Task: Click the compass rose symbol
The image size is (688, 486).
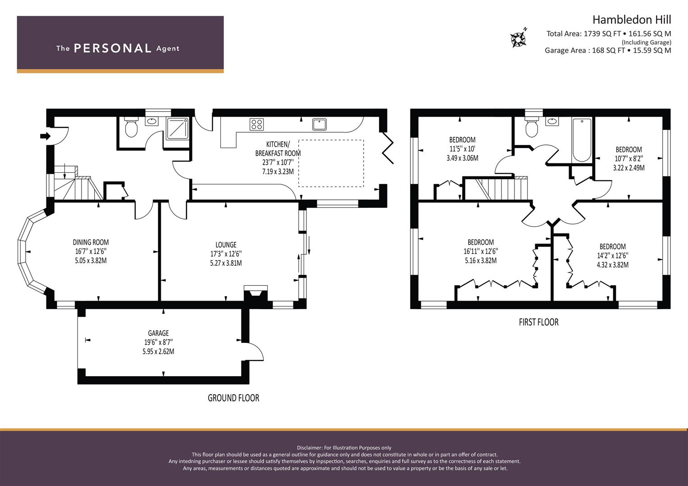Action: (x=519, y=39)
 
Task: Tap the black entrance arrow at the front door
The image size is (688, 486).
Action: (x=46, y=136)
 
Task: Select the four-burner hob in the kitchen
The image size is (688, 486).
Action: (x=256, y=125)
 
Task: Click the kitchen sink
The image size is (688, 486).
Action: (x=319, y=125)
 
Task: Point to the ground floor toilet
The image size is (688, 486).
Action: (x=132, y=128)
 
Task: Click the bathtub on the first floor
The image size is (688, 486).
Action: (x=582, y=140)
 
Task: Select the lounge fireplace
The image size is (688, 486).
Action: (x=255, y=292)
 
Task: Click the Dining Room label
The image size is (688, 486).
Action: (x=91, y=242)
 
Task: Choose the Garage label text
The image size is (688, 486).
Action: (x=158, y=333)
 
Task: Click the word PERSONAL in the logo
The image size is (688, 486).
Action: (x=113, y=48)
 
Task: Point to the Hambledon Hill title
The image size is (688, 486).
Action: (x=632, y=20)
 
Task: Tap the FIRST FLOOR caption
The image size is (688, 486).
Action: (x=539, y=322)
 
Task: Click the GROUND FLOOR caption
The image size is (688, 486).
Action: (x=233, y=398)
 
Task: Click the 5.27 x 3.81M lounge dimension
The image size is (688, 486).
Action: (x=226, y=263)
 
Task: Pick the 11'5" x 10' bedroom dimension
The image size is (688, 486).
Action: (x=462, y=149)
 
